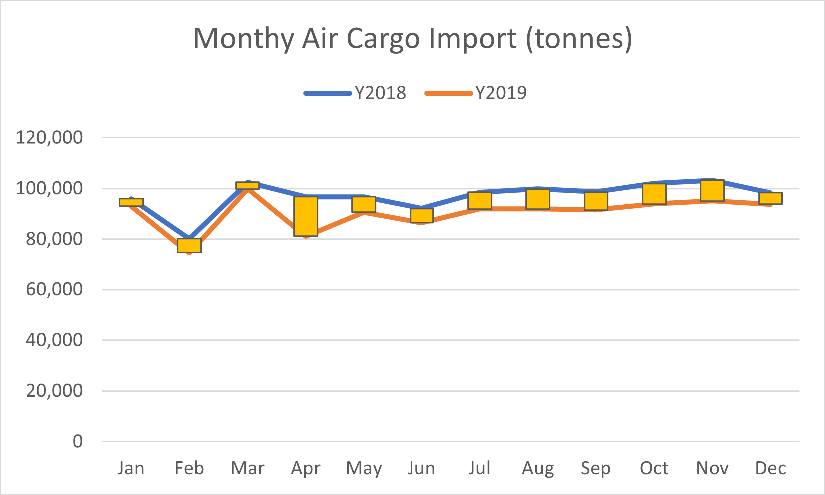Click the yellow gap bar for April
point(306,216)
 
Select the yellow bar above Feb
point(189,246)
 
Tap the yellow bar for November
point(712,191)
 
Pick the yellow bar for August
point(538,199)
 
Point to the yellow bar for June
point(421,215)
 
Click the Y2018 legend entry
point(356,93)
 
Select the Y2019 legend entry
point(476,93)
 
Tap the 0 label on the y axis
point(78,441)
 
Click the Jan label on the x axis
point(131,468)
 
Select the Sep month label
point(596,468)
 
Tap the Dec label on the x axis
point(770,468)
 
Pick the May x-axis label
point(364,468)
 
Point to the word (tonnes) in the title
point(579,39)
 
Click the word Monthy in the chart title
point(243,39)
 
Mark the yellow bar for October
point(654,194)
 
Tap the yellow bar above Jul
point(480,200)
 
